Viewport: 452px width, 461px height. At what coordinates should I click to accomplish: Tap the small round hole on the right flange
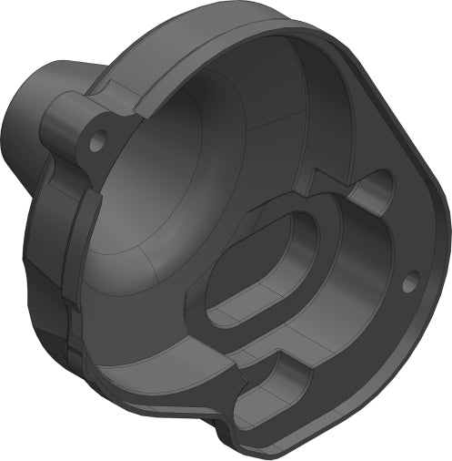click(x=408, y=280)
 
